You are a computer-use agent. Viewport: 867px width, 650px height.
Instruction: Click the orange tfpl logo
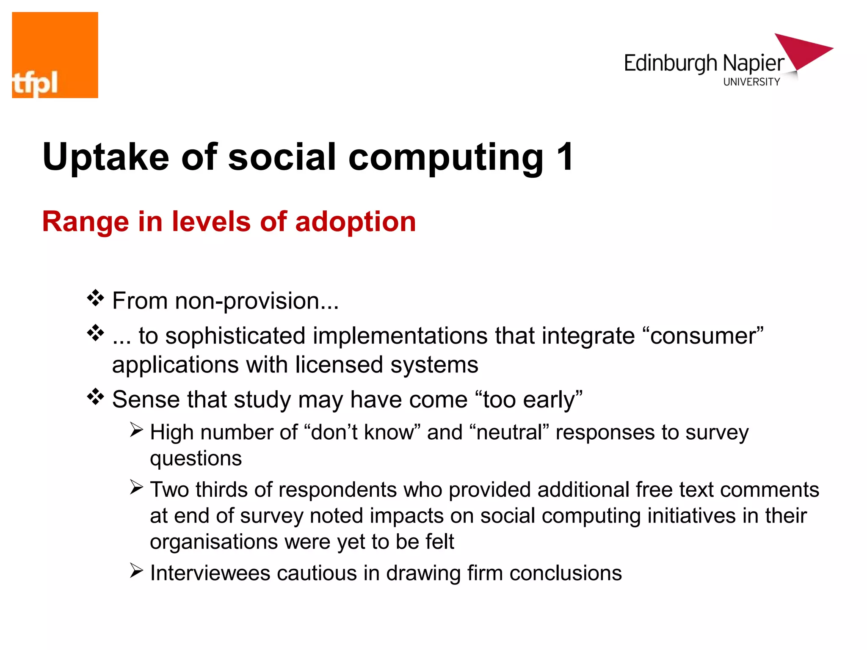click(x=55, y=55)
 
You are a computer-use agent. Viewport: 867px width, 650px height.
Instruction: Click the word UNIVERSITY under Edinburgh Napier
click(x=751, y=82)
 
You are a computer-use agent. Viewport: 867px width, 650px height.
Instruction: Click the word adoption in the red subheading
click(x=356, y=222)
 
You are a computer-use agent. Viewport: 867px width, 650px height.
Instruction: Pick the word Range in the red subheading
click(x=85, y=222)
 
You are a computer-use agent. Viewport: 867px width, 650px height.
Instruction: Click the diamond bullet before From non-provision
click(x=96, y=298)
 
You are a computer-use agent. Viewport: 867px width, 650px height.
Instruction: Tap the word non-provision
click(x=257, y=301)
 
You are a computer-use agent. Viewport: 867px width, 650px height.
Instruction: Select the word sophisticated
click(x=235, y=336)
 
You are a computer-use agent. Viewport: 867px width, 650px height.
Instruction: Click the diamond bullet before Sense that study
click(x=96, y=397)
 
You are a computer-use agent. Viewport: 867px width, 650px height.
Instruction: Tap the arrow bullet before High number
click(x=136, y=430)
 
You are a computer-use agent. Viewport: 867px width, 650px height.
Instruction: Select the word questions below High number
click(x=196, y=459)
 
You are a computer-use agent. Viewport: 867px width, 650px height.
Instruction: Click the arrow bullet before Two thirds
click(x=136, y=487)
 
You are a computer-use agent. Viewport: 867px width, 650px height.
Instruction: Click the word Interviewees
click(x=210, y=573)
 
